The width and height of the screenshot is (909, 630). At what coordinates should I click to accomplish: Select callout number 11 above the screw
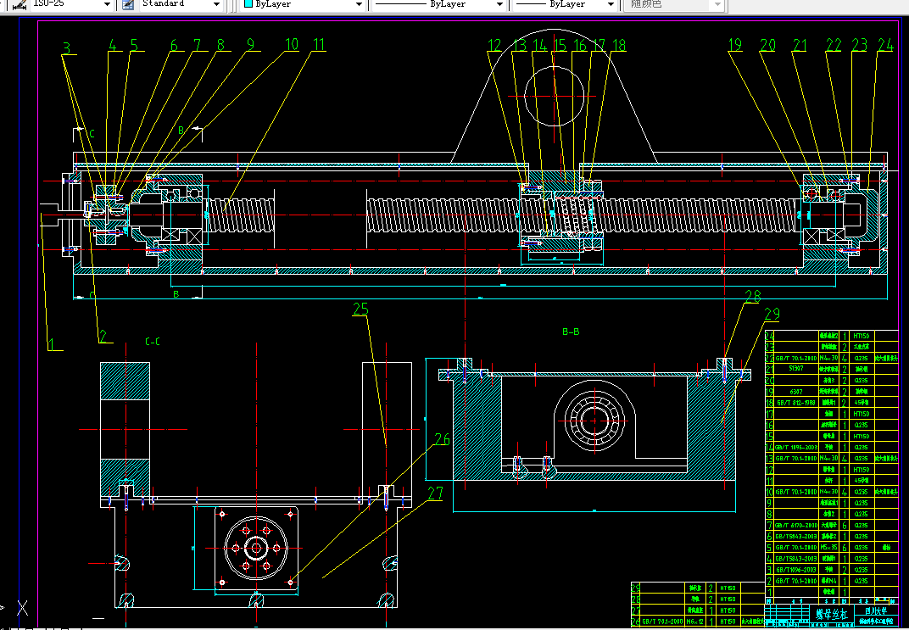(317, 44)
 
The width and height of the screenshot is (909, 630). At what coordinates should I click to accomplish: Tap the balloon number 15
(560, 45)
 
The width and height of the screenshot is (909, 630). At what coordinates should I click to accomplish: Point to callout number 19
(734, 45)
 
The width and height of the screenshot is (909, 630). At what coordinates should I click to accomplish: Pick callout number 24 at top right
(885, 44)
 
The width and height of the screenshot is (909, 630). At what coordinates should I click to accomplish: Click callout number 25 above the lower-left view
(361, 310)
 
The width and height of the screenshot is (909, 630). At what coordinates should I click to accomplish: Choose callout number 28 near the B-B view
(753, 297)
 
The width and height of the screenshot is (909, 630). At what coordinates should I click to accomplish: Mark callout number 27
(435, 494)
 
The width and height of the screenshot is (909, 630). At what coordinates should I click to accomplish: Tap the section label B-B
(572, 332)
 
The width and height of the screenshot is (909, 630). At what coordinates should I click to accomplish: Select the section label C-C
(153, 342)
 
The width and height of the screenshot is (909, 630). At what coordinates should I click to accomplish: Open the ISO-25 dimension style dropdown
(64, 4)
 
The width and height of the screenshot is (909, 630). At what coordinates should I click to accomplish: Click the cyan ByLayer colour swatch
(248, 4)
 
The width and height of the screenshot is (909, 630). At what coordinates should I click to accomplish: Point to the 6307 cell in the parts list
(795, 393)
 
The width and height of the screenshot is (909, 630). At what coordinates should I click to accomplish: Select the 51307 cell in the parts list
(795, 370)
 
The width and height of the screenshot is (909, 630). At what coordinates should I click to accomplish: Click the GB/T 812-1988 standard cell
(795, 403)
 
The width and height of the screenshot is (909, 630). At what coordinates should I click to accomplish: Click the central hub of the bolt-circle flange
(254, 547)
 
